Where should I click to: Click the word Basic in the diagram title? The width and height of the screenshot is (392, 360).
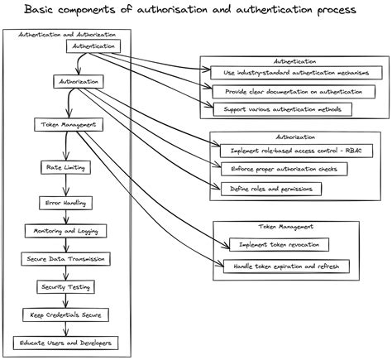click(42, 11)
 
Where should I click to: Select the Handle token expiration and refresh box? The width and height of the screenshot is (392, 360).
click(286, 266)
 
